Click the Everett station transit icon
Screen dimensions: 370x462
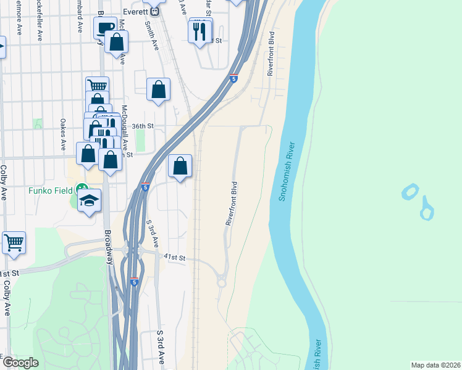pos(156,10)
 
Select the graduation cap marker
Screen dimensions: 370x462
pos(89,200)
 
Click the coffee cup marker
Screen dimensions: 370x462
pos(105,28)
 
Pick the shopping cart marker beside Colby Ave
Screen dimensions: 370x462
pos(14,242)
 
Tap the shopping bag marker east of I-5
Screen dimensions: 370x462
pos(180,166)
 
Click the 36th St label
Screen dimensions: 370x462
pos(141,126)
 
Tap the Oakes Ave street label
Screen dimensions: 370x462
pos(63,135)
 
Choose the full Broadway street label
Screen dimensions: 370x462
pos(109,247)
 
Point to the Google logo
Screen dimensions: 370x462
pos(20,363)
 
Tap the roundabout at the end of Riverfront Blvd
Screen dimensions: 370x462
pos(220,283)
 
